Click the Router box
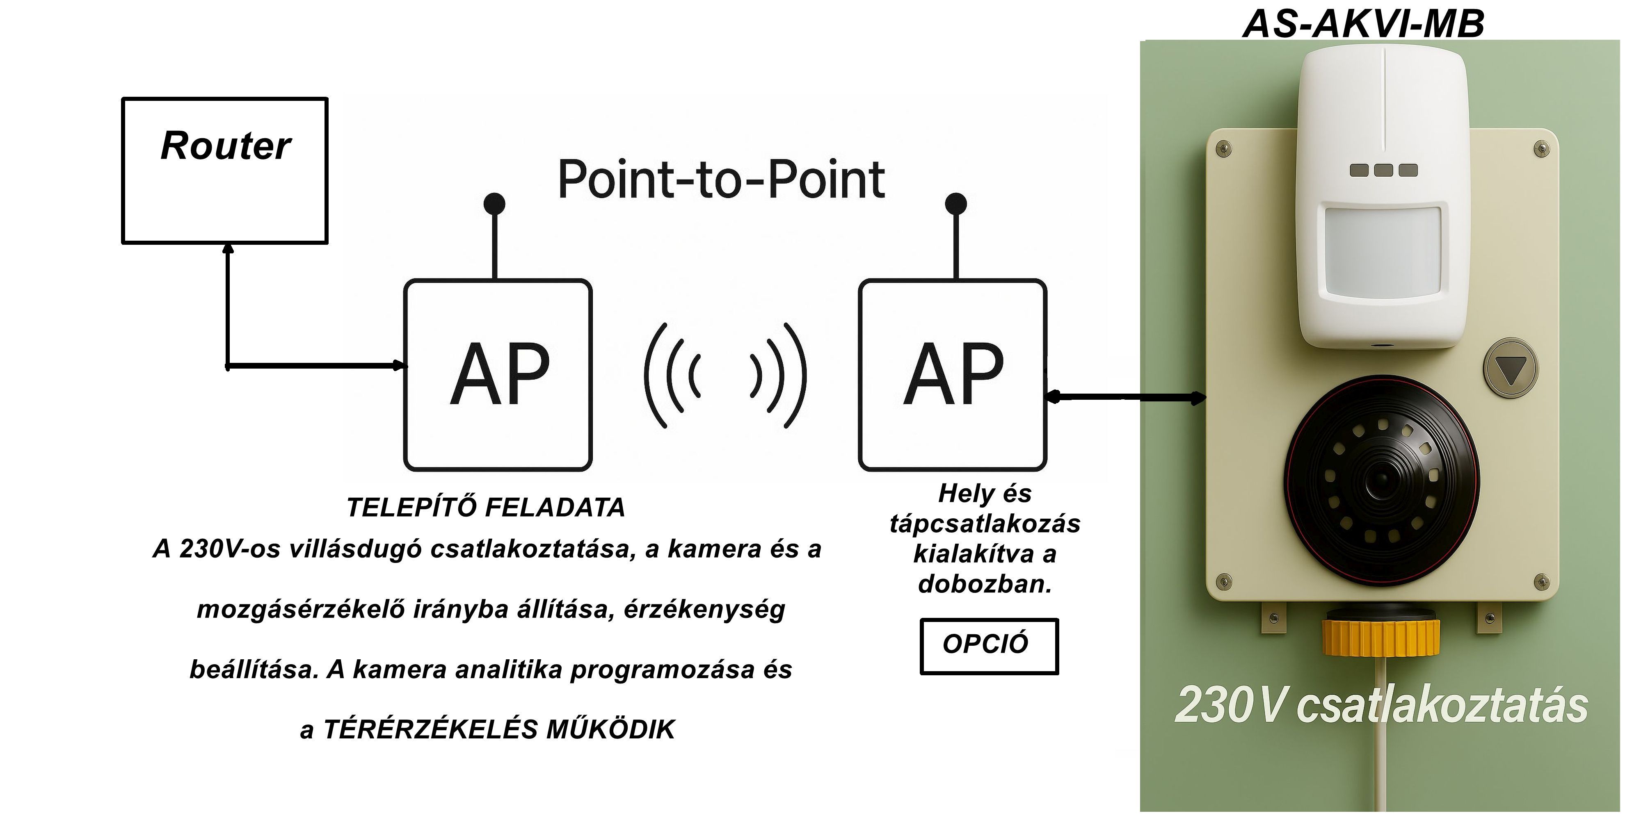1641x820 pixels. pyautogui.click(x=225, y=171)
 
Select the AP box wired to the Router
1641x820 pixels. pyautogui.click(x=498, y=375)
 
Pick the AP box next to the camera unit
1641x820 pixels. pyautogui.click(x=952, y=375)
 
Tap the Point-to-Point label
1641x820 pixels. pyautogui.click(x=721, y=180)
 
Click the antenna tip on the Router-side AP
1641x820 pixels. pyautogui.click(x=494, y=204)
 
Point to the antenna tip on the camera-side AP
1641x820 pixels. pyautogui.click(x=955, y=204)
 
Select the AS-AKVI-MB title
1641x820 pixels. pyautogui.click(x=1363, y=24)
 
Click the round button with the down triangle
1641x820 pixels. pyautogui.click(x=1511, y=369)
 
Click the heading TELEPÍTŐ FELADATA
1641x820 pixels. pyautogui.click(x=485, y=508)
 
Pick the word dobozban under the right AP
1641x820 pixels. pyautogui.click(x=984, y=584)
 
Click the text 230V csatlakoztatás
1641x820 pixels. pyautogui.click(x=1381, y=705)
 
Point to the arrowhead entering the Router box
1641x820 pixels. pyautogui.click(x=227, y=248)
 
